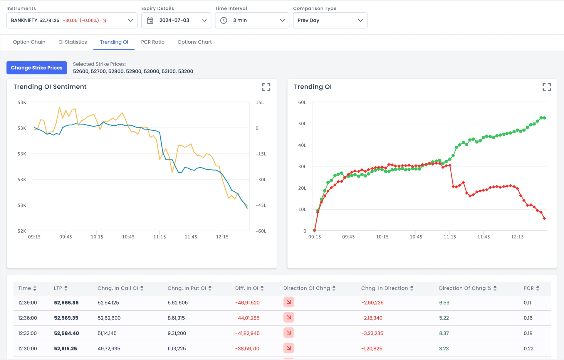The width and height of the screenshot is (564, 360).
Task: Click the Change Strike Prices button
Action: click(x=37, y=68)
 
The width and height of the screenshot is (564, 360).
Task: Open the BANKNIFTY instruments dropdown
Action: click(x=72, y=21)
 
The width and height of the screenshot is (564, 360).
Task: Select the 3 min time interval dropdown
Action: click(x=252, y=21)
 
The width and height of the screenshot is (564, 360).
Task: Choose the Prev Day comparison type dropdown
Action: click(x=330, y=21)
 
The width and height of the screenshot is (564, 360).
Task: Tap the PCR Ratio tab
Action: click(x=152, y=42)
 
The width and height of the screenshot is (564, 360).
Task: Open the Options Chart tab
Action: click(x=194, y=42)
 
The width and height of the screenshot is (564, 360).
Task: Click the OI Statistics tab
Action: click(x=73, y=42)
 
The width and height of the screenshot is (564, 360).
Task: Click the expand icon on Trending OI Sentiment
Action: click(x=266, y=87)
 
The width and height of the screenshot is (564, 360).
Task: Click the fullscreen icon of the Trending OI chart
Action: click(x=546, y=87)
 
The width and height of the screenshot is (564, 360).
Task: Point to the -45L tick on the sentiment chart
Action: click(x=261, y=206)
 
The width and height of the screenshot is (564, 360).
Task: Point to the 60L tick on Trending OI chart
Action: click(x=302, y=102)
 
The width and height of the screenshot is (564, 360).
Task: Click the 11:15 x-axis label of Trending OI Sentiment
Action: click(x=160, y=237)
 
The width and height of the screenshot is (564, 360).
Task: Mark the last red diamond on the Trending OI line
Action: click(x=544, y=218)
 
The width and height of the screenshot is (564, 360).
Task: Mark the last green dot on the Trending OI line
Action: click(x=544, y=118)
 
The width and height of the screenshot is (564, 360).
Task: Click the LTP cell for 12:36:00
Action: click(x=66, y=318)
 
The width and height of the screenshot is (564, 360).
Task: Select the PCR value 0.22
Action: click(x=528, y=349)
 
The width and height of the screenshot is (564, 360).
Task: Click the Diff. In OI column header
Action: click(x=246, y=288)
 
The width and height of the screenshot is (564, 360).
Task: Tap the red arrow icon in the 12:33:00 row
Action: click(x=288, y=333)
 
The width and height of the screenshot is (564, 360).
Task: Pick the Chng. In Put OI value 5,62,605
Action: click(x=177, y=303)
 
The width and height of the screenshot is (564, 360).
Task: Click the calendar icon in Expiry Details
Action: click(x=150, y=21)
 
